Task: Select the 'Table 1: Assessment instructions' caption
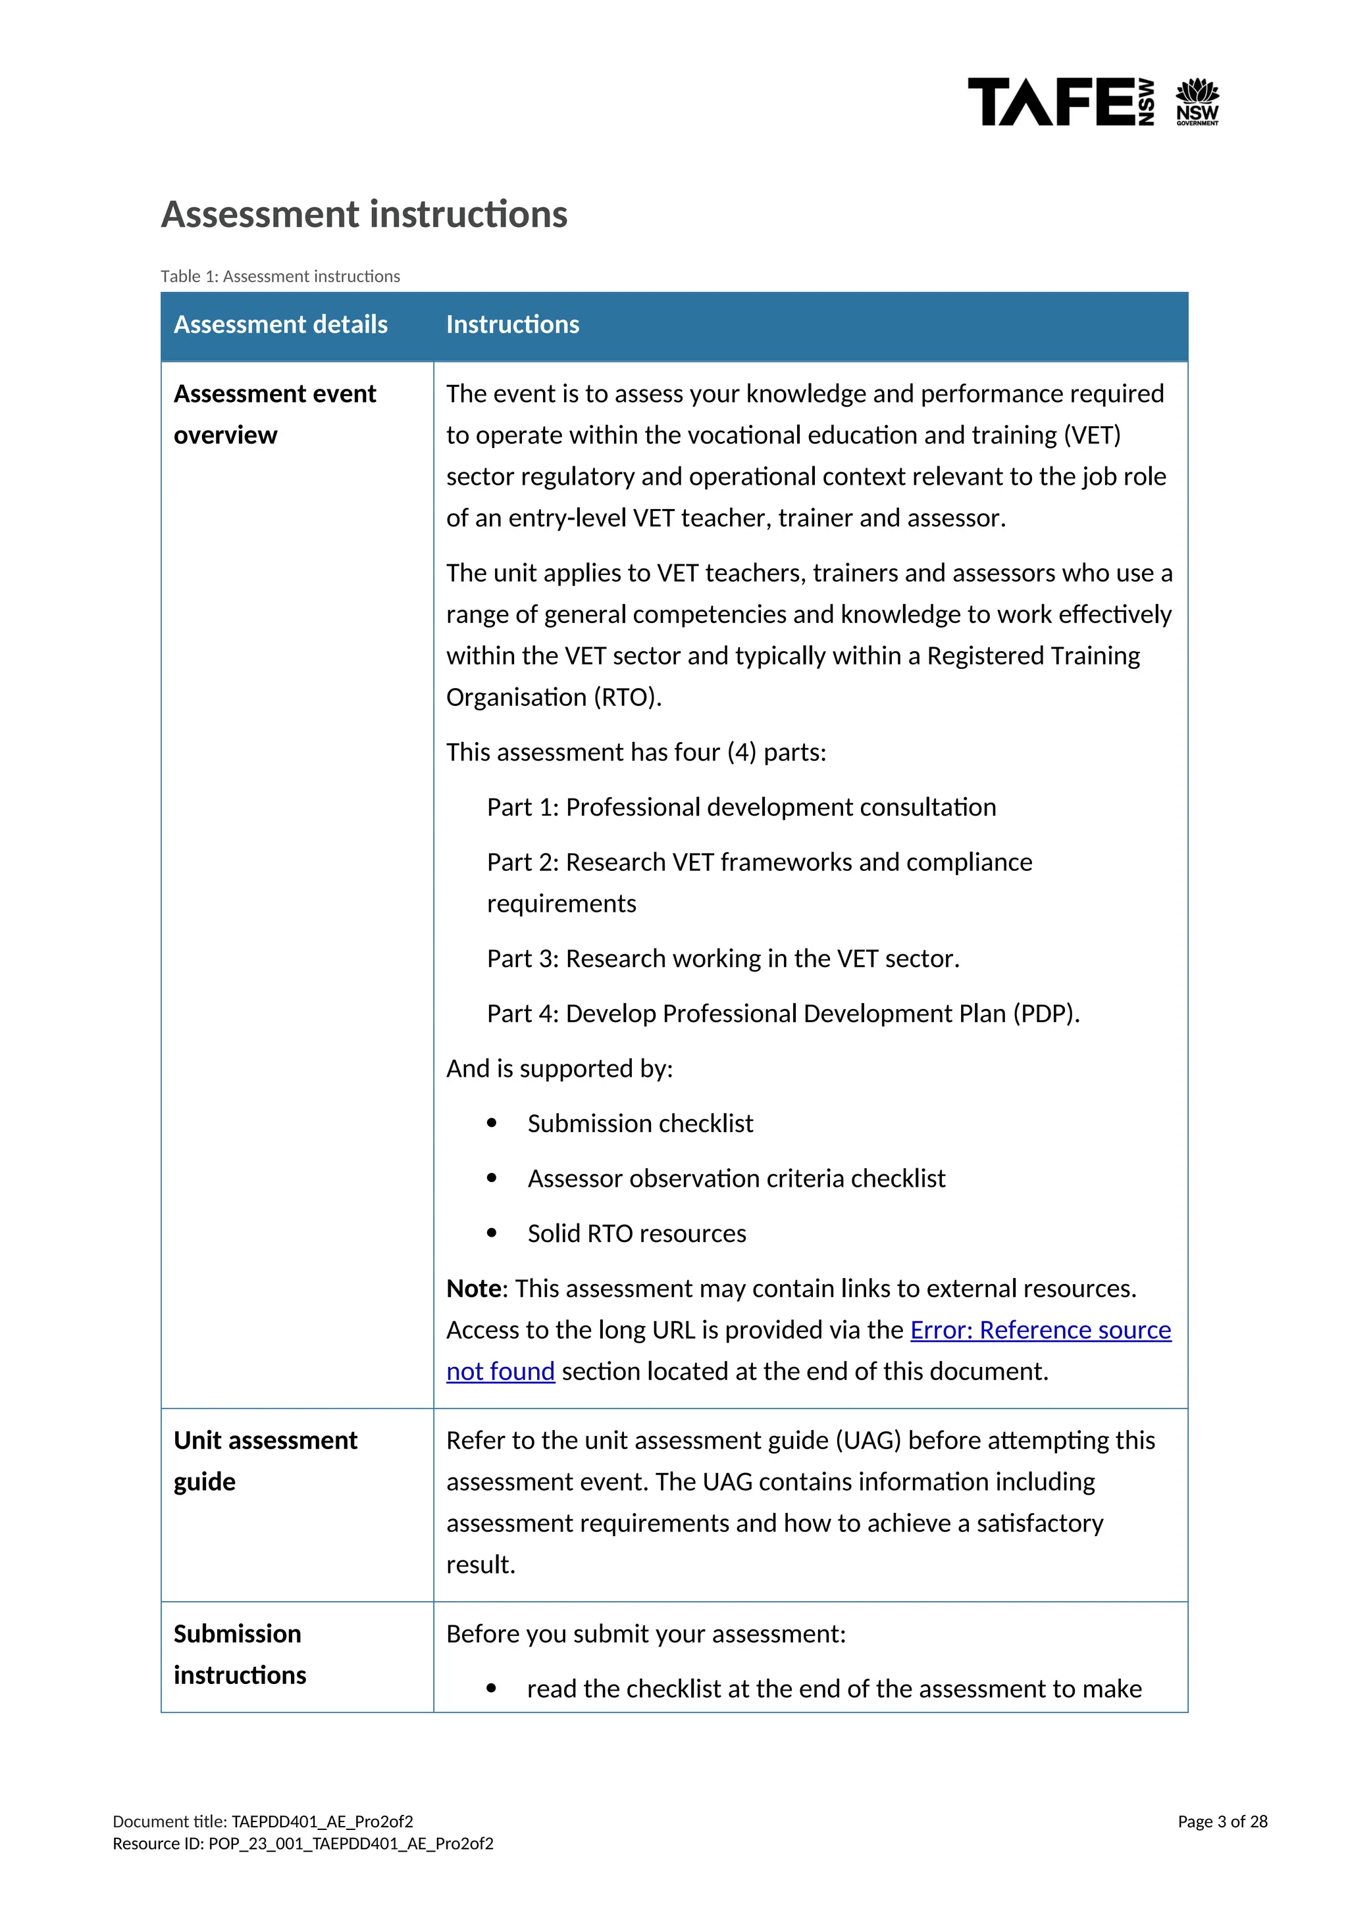click(x=280, y=276)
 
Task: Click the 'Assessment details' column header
click(x=280, y=324)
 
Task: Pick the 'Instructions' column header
click(x=512, y=324)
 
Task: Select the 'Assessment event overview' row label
click(x=274, y=414)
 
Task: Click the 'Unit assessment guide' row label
click(x=265, y=1460)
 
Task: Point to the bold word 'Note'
click(x=474, y=1289)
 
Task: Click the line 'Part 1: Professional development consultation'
click(x=741, y=807)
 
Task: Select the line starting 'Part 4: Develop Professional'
click(x=783, y=1014)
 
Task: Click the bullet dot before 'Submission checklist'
click(x=492, y=1124)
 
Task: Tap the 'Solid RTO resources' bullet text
click(x=636, y=1234)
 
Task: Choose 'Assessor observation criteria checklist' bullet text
click(x=737, y=1179)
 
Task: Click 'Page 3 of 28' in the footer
click(x=1222, y=1821)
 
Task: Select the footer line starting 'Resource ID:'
click(x=303, y=1844)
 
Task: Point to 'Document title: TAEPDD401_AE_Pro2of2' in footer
click(x=263, y=1821)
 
